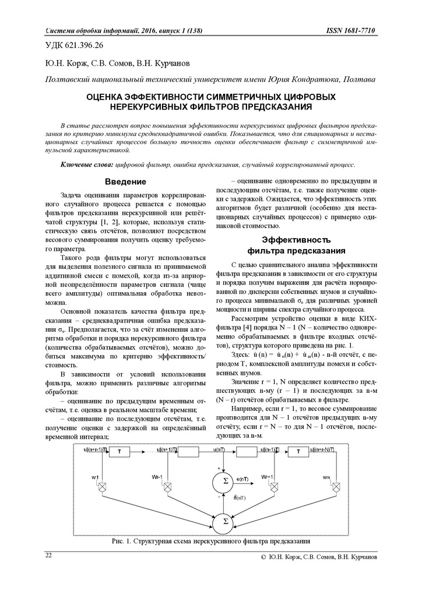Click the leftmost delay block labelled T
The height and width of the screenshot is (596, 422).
(x=119, y=452)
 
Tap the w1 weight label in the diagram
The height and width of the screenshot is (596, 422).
(x=95, y=477)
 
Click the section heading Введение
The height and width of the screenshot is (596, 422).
(x=125, y=182)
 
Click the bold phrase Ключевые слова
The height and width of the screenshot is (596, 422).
(x=87, y=165)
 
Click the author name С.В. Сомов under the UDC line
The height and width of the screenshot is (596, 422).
(x=108, y=63)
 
